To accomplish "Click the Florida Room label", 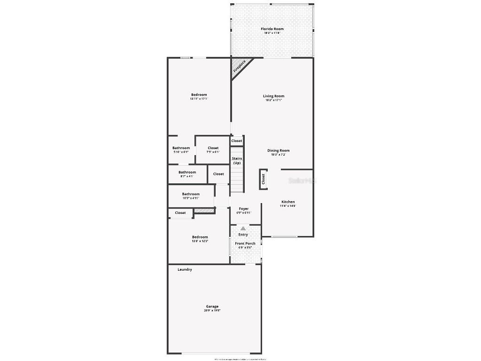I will click(x=272, y=29).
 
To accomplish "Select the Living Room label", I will click(x=274, y=96).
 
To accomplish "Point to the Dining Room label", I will click(x=279, y=151).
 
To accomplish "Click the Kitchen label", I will click(x=287, y=202).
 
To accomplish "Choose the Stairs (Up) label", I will click(x=237, y=161).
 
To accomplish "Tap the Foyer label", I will click(x=244, y=209).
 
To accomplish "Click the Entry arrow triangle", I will click(x=243, y=228).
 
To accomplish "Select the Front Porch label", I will click(x=245, y=243).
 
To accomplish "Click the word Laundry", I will click(x=185, y=270).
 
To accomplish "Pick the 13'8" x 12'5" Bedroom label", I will click(x=200, y=237).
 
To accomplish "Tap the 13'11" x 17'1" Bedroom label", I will click(x=199, y=95).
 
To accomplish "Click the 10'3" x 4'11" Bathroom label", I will click(x=191, y=194).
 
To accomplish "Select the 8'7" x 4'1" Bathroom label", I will click(x=187, y=173).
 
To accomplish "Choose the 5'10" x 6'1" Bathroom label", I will click(x=181, y=148).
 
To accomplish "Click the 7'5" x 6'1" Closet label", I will click(x=213, y=148).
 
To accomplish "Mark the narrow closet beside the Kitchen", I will click(x=263, y=179).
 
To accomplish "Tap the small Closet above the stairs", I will click(x=237, y=141).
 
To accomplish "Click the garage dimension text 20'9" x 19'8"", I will click(x=212, y=311).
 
